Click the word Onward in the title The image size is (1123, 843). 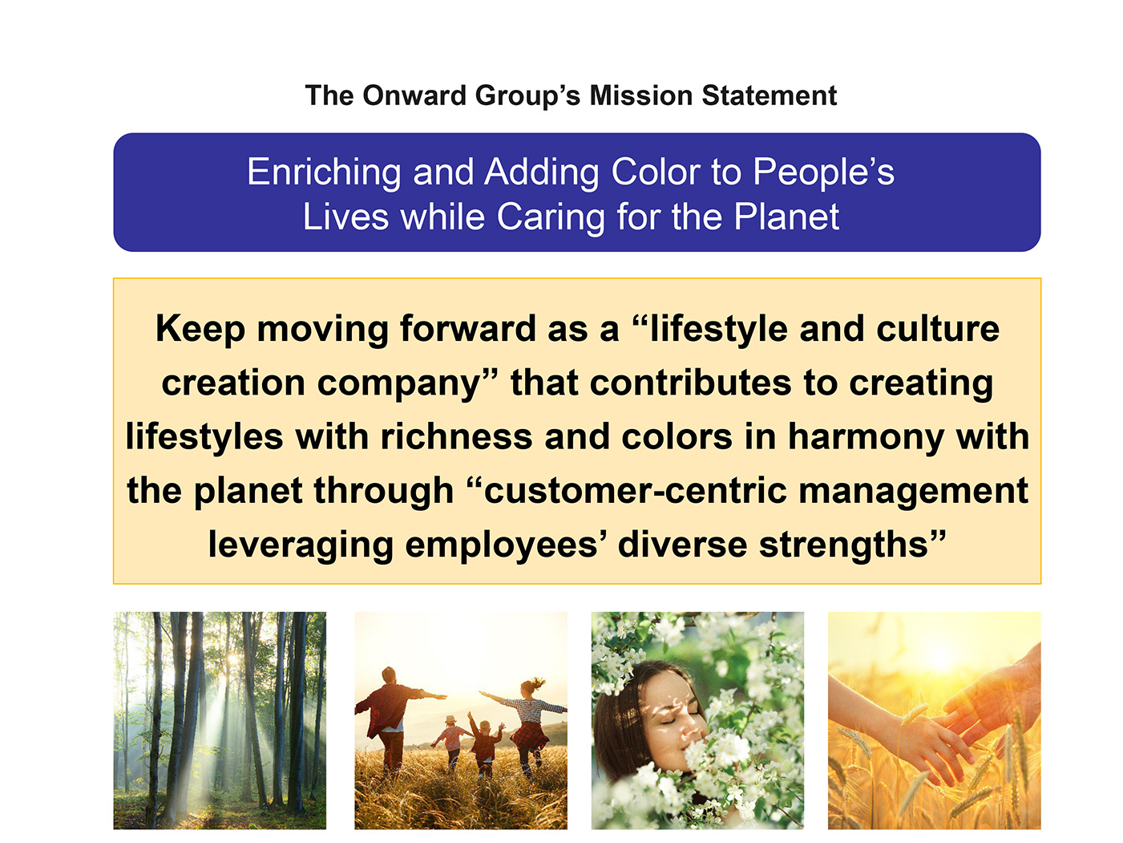tap(414, 95)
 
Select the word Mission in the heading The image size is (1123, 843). tap(640, 95)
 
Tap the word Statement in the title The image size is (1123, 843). tap(769, 95)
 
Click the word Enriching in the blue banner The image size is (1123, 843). tap(324, 172)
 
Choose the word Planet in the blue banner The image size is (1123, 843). tap(786, 217)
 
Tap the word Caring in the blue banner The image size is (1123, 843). tap(551, 218)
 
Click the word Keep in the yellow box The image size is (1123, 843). tap(200, 330)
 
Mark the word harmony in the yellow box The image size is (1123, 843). tap(866, 438)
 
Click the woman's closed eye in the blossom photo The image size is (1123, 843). tap(669, 721)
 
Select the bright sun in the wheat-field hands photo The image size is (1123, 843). tap(940, 655)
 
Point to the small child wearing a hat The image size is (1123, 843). tap(450, 740)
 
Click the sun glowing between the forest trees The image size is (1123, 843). tap(232, 660)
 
